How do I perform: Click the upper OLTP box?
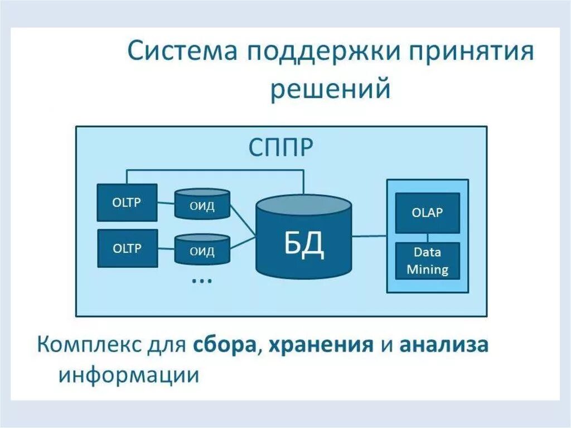(127, 202)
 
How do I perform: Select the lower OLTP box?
(127, 248)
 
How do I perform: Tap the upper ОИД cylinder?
(202, 205)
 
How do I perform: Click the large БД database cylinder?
(304, 240)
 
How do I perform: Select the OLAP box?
(427, 213)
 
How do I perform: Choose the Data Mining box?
(427, 261)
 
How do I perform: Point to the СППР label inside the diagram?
(280, 148)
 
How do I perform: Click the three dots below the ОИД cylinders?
(201, 280)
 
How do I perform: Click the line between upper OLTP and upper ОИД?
(166, 203)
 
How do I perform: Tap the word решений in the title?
(330, 89)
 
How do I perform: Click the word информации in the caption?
(129, 374)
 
